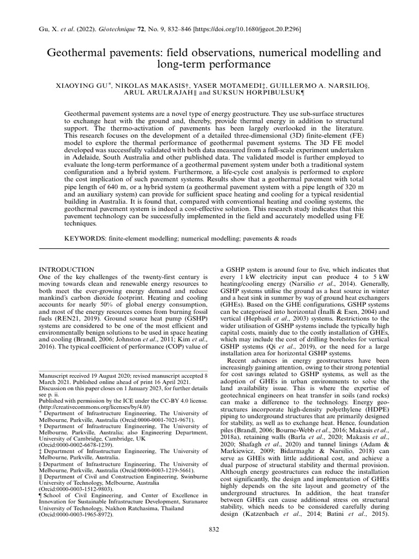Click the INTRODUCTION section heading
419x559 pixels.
coord(67,270)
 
